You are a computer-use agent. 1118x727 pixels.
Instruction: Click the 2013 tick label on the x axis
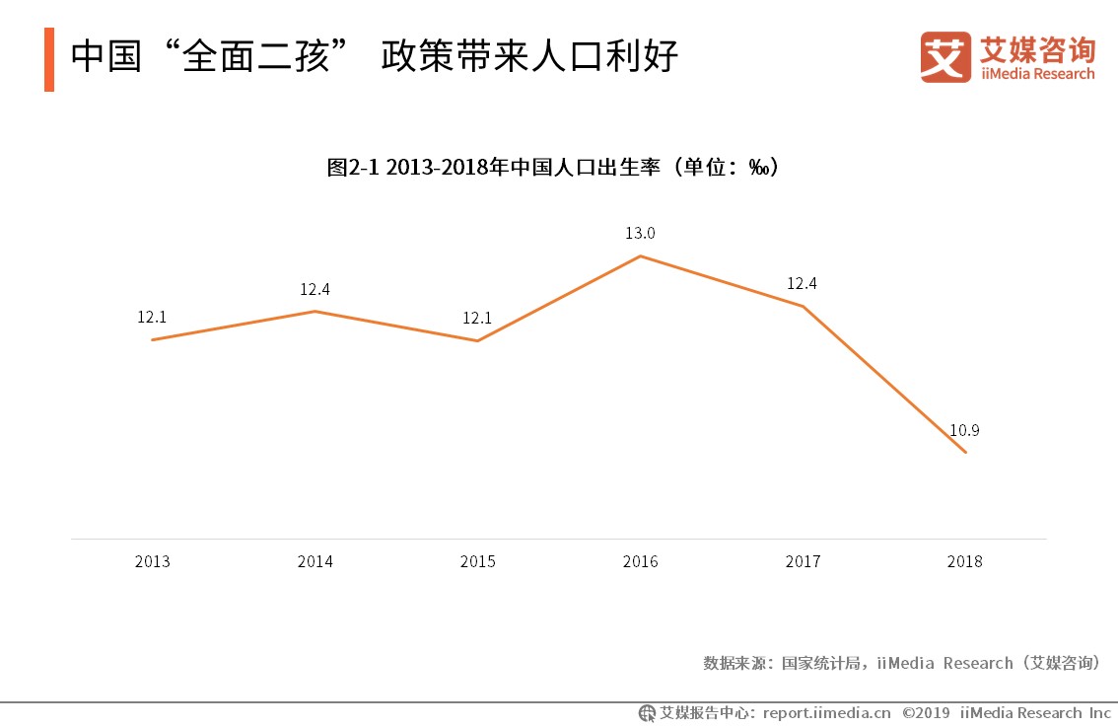click(152, 562)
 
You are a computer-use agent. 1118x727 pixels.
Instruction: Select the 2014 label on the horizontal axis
click(314, 562)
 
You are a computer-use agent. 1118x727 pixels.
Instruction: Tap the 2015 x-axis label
click(477, 562)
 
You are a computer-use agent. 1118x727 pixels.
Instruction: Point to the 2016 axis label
click(640, 562)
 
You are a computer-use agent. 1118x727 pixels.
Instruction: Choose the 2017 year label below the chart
click(803, 562)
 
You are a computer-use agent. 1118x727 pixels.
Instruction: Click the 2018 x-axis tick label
click(964, 562)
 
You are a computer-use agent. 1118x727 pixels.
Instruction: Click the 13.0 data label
click(640, 234)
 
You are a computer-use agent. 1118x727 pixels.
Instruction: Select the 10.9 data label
click(964, 430)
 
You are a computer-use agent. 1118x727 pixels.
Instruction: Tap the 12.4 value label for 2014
click(314, 289)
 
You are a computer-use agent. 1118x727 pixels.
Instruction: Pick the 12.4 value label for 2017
click(802, 284)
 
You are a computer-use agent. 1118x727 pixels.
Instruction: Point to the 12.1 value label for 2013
click(152, 318)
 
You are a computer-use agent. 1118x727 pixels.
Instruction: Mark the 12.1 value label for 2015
click(477, 319)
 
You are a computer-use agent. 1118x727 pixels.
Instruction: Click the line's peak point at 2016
click(640, 256)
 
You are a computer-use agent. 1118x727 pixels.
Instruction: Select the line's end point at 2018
click(965, 452)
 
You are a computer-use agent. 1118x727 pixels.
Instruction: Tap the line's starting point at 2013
click(152, 339)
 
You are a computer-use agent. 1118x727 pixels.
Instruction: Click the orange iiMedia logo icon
click(945, 57)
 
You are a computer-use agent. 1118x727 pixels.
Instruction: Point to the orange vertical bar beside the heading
click(49, 59)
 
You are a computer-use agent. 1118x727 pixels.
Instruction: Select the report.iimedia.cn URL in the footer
click(826, 712)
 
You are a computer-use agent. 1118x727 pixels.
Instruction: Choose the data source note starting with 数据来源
click(901, 663)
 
